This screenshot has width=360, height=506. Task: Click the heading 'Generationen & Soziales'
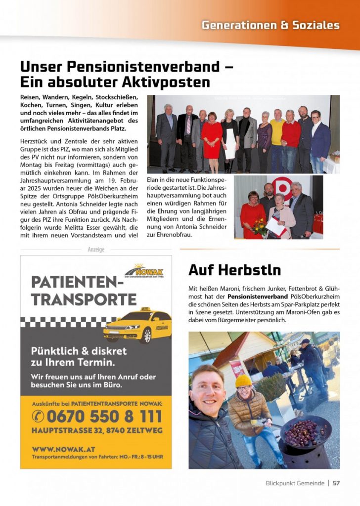[270, 25]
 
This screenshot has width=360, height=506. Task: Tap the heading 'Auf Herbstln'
[234, 270]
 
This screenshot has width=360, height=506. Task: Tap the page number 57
[336, 483]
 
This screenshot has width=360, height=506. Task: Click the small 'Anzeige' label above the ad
[96, 250]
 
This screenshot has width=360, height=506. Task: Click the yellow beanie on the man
[243, 381]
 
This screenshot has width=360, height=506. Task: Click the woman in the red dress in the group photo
[211, 138]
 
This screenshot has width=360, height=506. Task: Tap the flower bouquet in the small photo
[259, 227]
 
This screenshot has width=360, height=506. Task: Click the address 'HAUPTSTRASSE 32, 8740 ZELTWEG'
[97, 430]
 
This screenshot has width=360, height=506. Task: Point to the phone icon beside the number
[38, 416]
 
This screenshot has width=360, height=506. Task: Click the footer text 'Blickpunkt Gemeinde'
[295, 483]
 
